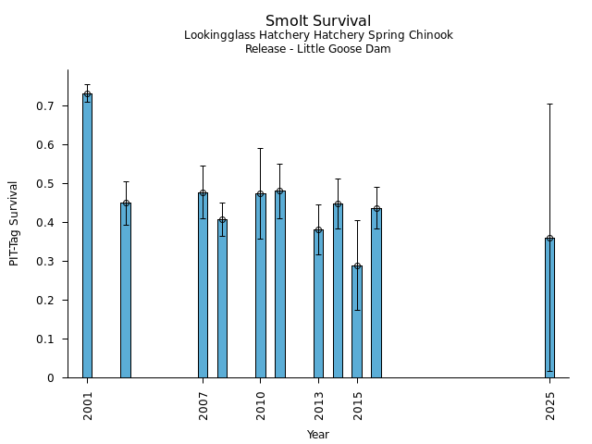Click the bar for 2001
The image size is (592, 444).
87,236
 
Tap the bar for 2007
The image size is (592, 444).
203,285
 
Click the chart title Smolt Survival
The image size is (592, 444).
318,21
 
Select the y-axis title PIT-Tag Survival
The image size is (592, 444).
14,223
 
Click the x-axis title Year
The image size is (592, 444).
318,435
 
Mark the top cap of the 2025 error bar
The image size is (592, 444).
549,104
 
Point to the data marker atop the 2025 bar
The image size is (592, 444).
549,239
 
